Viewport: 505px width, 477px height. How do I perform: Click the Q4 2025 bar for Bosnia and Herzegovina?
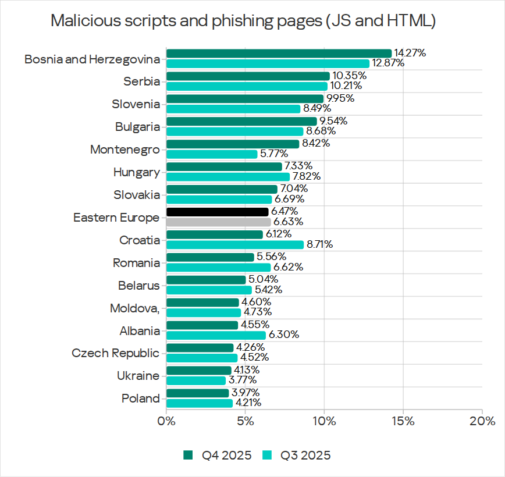(279, 54)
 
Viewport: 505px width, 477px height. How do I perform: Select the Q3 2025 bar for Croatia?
(235, 245)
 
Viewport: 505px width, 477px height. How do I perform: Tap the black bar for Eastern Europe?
(218, 212)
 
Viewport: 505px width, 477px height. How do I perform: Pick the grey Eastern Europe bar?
(219, 222)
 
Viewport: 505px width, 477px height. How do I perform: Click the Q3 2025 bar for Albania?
(216, 335)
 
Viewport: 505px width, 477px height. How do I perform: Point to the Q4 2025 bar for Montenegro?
(233, 144)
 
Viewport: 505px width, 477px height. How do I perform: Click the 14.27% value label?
(410, 53)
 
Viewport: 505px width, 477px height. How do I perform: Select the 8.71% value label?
(319, 245)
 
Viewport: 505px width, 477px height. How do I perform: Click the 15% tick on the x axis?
(403, 421)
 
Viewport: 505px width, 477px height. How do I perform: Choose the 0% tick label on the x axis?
(166, 421)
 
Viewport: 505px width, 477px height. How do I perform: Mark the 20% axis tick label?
(482, 421)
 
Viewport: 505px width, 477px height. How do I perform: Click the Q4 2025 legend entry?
(218, 455)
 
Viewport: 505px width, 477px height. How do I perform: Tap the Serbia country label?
(141, 81)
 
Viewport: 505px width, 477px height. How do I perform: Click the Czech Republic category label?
(115, 353)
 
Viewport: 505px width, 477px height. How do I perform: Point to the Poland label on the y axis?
(140, 398)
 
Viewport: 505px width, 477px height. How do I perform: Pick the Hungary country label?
(136, 172)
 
